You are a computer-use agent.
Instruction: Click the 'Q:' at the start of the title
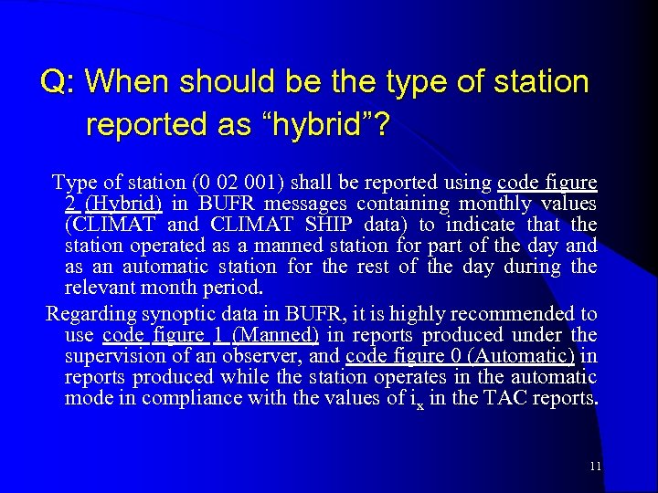[x=58, y=83]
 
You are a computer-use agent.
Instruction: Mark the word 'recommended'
[x=525, y=314]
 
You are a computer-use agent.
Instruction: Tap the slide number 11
[x=595, y=467]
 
